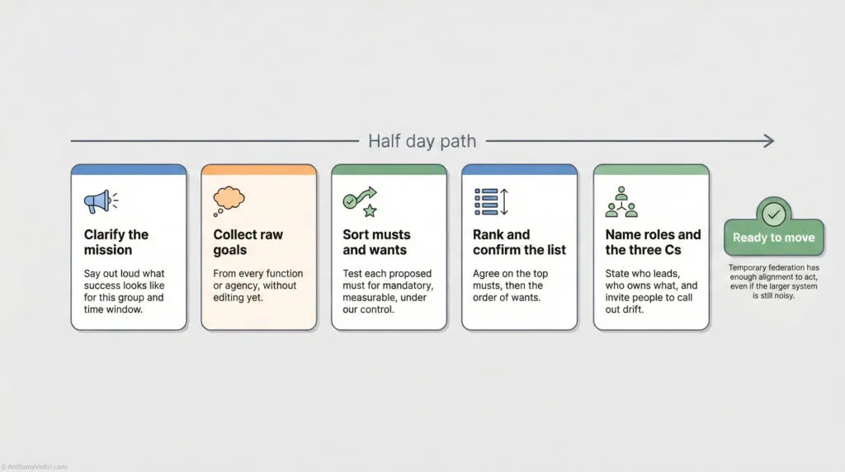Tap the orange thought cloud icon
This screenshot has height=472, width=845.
coord(229,201)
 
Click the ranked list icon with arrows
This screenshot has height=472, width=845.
coord(493,201)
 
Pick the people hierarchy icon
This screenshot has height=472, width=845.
coord(621,201)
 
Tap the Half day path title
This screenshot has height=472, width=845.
coord(422,140)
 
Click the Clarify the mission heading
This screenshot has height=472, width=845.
coord(116,242)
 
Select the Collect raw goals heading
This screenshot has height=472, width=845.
coord(248,242)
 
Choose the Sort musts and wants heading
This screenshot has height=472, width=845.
coord(376,242)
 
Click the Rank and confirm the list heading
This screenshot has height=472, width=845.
coord(520,242)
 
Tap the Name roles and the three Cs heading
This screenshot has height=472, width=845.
coord(653,242)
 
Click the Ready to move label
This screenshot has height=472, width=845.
coord(773,238)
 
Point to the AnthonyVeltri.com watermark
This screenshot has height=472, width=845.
coord(35,467)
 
